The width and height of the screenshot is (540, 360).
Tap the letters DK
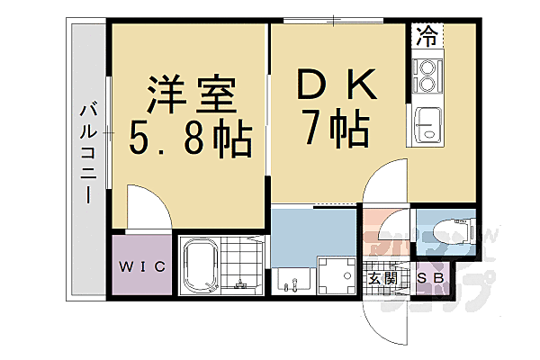click(x=335, y=87)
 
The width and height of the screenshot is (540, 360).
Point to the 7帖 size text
click(x=336, y=131)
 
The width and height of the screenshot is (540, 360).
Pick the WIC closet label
click(x=139, y=265)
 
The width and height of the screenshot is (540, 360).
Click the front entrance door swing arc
click(x=378, y=315)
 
